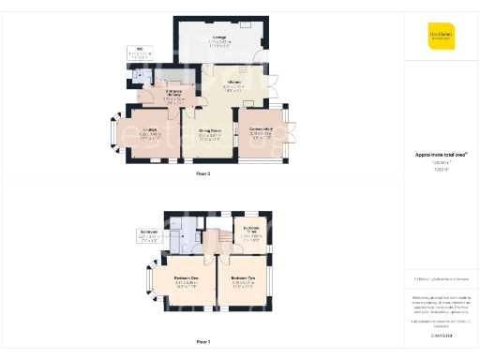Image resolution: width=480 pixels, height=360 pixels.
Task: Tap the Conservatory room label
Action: pyautogui.click(x=261, y=130)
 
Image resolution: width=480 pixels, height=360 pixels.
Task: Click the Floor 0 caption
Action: pyautogui.click(x=203, y=174)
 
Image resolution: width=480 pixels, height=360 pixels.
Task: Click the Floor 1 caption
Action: pyautogui.click(x=203, y=342)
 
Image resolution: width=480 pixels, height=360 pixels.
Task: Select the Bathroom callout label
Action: pyautogui.click(x=148, y=234)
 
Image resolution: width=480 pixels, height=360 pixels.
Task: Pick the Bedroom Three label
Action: pyautogui.click(x=250, y=232)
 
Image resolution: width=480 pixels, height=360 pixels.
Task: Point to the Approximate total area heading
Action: pyautogui.click(x=441, y=155)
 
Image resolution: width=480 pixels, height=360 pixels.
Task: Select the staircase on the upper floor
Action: pyautogui.click(x=211, y=241)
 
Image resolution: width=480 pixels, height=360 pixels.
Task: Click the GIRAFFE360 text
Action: pyautogui.click(x=441, y=335)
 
